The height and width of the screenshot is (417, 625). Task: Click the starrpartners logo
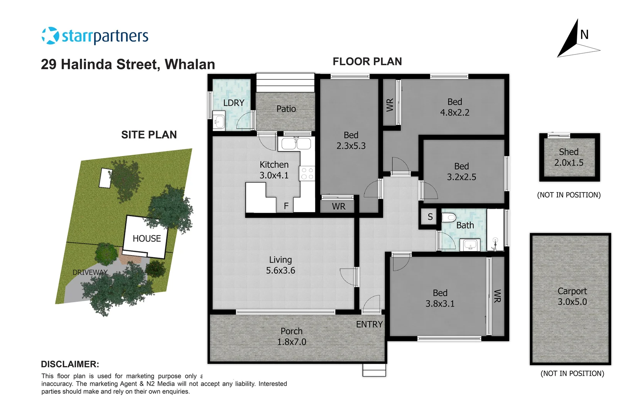coord(95,36)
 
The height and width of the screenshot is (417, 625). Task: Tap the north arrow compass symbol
coord(576,41)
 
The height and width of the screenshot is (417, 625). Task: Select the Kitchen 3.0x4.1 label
coord(274,170)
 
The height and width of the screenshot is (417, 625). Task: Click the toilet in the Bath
coord(449,218)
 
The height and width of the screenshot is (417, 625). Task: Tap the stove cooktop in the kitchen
coord(307,173)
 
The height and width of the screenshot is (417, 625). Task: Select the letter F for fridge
coord(286,206)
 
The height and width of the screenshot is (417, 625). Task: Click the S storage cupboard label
coord(430,217)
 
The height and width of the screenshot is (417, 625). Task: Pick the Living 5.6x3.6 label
coord(280,265)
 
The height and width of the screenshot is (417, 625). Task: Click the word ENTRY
coord(369,324)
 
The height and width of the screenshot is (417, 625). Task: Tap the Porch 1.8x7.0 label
coord(292,336)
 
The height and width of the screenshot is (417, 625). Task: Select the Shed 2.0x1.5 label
coord(569,157)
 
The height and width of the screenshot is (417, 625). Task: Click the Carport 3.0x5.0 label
coord(572,297)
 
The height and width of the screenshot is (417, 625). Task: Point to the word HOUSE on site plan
coord(147,239)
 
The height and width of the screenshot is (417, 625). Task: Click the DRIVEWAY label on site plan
coord(90,272)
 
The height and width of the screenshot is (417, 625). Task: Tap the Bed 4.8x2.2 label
coord(455,107)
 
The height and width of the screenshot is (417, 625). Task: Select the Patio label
coord(286,109)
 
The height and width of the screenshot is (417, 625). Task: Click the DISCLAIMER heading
coord(70,364)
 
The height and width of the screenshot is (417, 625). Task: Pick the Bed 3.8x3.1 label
coord(440,298)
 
